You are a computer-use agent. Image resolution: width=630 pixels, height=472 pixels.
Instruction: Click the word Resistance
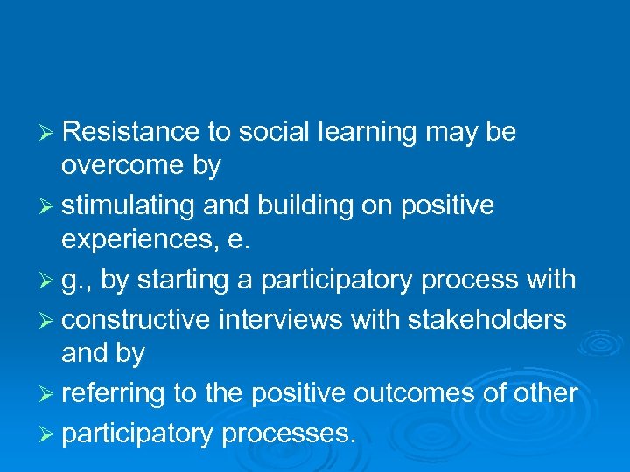pyautogui.click(x=131, y=132)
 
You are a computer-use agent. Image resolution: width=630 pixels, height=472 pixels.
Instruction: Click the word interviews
pyautogui.click(x=281, y=320)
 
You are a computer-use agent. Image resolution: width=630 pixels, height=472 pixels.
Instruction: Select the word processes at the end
pyautogui.click(x=289, y=434)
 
